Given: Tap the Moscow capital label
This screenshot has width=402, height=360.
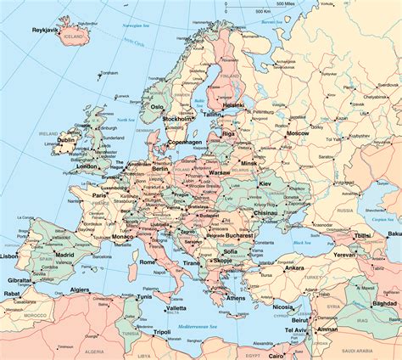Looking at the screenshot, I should [x=298, y=134].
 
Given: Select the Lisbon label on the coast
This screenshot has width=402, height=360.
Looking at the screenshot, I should [x=9, y=256].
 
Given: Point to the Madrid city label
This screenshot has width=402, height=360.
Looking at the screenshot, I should [x=64, y=255].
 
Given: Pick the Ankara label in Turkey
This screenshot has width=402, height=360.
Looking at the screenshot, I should [x=295, y=268].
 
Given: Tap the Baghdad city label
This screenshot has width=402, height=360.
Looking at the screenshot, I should [x=384, y=303].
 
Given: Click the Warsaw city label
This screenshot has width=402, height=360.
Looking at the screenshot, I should [x=219, y=173].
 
